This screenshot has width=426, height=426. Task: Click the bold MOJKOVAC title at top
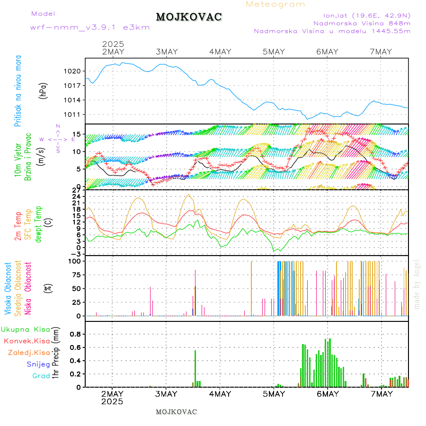[x=189, y=17]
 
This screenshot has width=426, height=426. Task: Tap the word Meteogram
[x=275, y=4]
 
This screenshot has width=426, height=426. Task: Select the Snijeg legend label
[x=38, y=364]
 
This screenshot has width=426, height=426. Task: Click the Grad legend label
[x=41, y=376]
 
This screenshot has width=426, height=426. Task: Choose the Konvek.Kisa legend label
[x=27, y=341]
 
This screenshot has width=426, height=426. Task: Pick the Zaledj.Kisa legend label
[x=29, y=353]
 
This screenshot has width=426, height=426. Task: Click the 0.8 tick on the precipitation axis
[x=76, y=334]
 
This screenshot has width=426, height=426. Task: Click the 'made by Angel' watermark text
[x=417, y=284]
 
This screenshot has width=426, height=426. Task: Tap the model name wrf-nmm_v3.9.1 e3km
[x=90, y=27]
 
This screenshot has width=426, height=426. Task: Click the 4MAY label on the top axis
[x=220, y=52]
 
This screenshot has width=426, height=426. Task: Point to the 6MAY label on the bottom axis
[x=327, y=393]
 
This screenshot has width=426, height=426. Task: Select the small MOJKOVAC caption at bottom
[x=176, y=412]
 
